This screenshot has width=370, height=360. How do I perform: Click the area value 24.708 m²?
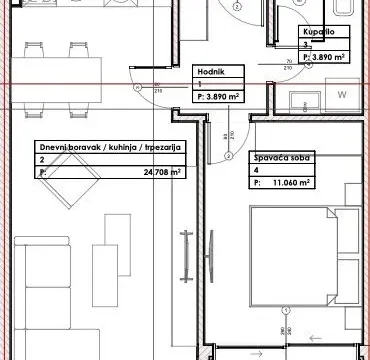pyautogui.click(x=147, y=172)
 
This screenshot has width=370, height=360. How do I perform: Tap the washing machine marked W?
pyautogui.click(x=341, y=95)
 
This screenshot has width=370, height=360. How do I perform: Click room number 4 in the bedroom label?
pyautogui.click(x=257, y=171)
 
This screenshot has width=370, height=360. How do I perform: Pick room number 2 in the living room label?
pyautogui.click(x=42, y=160)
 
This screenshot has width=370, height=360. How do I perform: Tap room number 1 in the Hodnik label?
pyautogui.click(x=200, y=85)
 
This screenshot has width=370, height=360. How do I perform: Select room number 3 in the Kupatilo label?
pyautogui.click(x=304, y=46)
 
